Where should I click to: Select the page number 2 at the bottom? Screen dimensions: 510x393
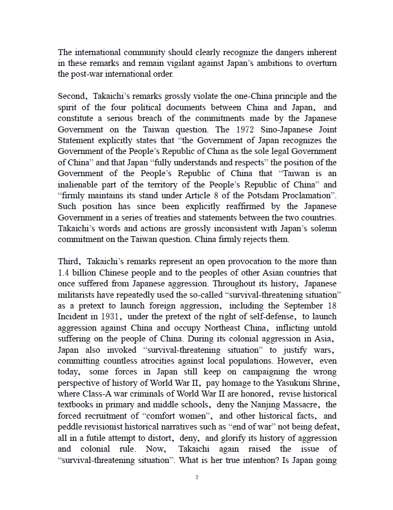tap(197, 477)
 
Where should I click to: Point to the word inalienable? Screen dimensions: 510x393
tap(79, 184)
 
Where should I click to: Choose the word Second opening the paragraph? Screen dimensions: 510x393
tap(71, 97)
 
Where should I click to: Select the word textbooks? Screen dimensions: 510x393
tap(76, 405)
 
